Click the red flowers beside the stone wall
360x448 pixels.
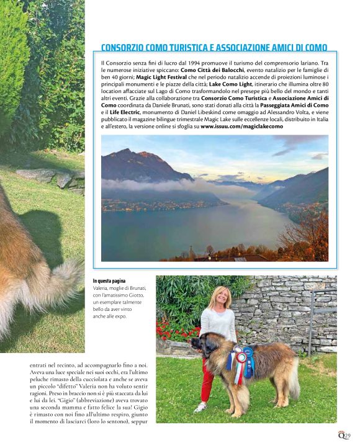[x=171, y=329]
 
